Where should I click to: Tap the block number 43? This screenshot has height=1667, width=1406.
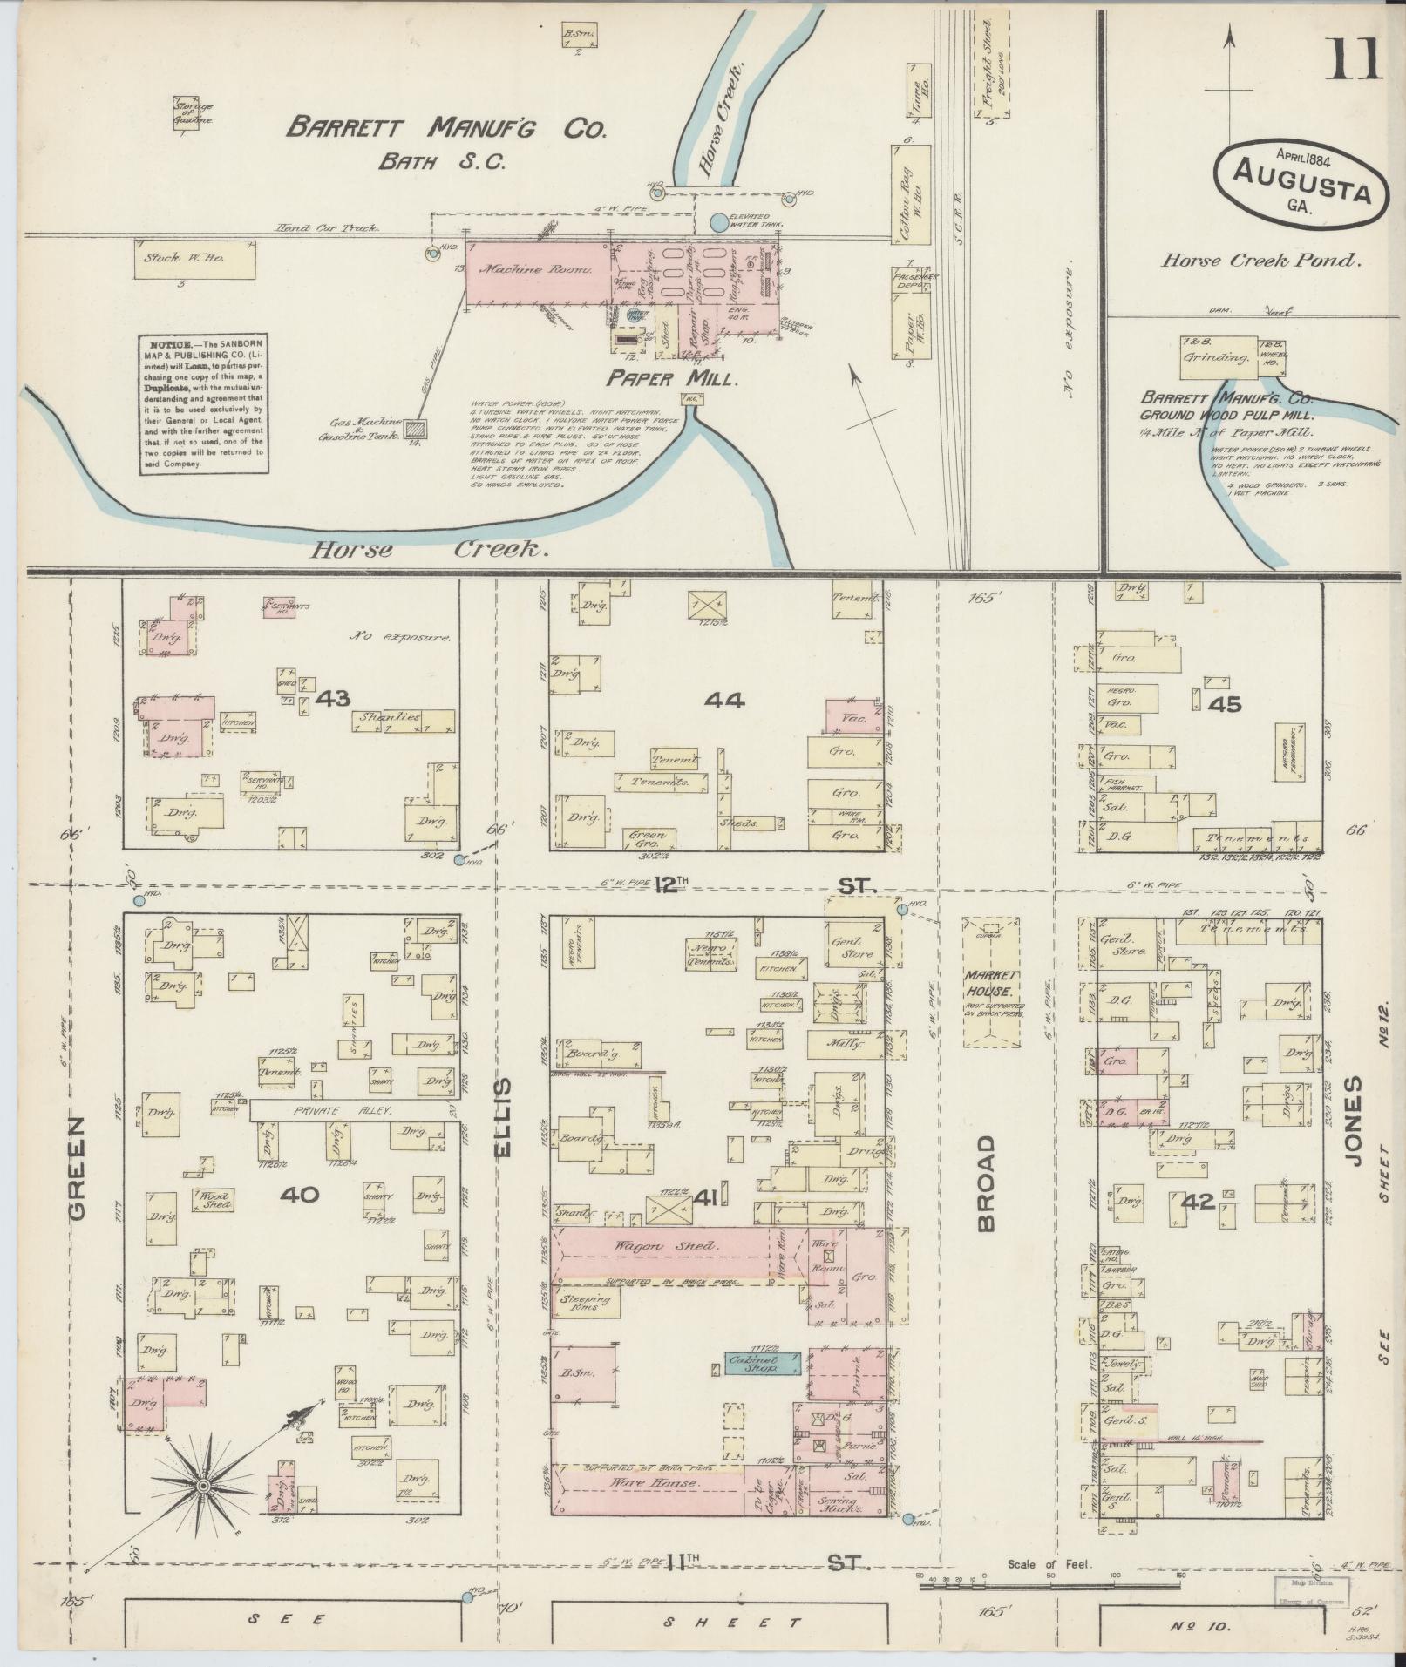333,698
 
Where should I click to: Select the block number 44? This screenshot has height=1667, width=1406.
725,700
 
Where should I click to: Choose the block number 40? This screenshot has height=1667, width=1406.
299,1195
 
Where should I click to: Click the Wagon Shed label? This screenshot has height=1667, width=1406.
666,1247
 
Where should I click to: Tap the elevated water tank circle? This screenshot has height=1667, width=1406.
717,223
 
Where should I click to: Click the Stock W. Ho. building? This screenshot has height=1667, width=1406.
195,260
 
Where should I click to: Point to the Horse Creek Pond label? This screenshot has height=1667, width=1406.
1260,260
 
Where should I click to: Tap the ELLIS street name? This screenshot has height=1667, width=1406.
506,1118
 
